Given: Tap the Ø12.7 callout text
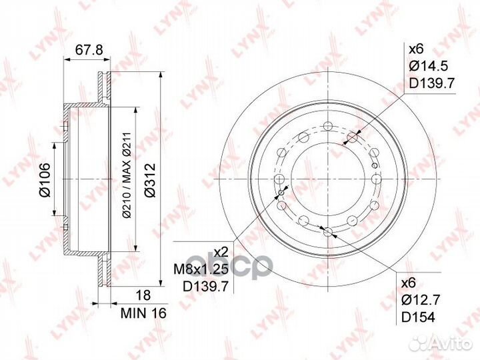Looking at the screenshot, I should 419,300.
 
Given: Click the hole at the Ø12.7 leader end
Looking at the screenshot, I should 327,232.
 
